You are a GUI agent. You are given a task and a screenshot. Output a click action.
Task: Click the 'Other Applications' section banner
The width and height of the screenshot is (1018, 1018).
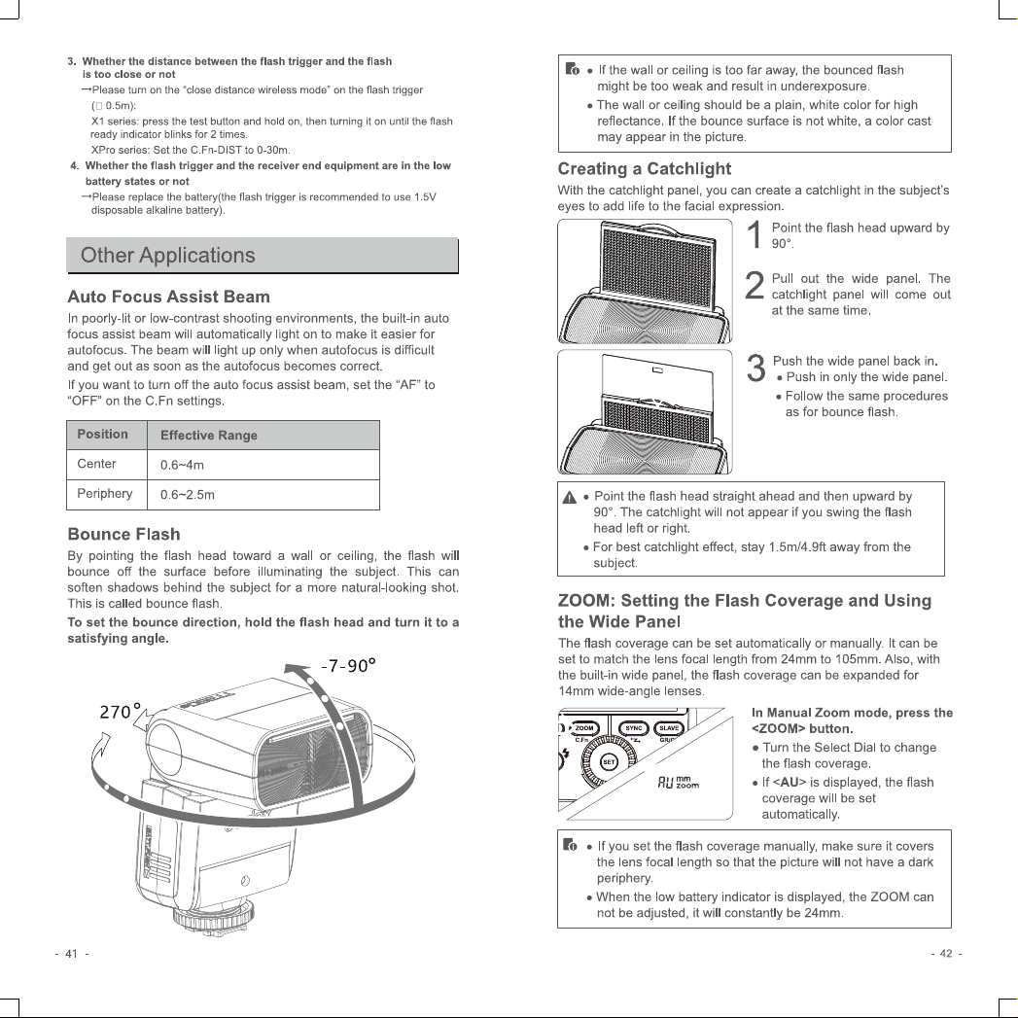pos(263,255)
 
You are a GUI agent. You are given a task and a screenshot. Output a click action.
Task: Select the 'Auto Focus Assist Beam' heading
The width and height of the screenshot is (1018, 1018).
pos(169,297)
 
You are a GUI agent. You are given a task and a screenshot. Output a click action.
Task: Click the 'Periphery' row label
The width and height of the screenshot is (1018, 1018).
pos(105,493)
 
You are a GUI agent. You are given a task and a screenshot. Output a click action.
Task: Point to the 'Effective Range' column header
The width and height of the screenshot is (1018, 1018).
pos(208,435)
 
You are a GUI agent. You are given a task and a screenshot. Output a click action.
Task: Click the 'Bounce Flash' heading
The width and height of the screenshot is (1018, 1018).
pos(124,535)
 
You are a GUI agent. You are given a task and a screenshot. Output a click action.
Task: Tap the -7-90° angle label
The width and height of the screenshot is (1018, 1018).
pos(349,666)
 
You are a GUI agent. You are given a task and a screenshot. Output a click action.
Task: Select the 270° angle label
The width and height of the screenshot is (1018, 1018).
pos(121,711)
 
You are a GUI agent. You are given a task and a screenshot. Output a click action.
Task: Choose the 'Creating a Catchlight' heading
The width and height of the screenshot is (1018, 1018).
pos(644,169)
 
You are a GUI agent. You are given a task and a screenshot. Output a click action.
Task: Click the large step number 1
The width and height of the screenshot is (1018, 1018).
pos(755,234)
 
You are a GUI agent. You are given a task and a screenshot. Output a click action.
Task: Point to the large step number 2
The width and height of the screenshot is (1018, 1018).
pos(755,285)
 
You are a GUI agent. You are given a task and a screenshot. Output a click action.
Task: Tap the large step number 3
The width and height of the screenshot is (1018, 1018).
pos(755,369)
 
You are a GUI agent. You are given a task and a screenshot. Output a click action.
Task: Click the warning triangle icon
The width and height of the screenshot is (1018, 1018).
pos(570,498)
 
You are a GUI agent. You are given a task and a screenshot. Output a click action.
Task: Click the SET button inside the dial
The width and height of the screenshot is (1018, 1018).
pos(609,762)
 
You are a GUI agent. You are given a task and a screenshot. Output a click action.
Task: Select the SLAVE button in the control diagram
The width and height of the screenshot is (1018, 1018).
pos(669,728)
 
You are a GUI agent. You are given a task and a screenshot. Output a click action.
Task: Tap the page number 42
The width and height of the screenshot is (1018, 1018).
pos(946,954)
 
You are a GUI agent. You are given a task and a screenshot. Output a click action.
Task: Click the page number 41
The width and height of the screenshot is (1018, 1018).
pos(71,954)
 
